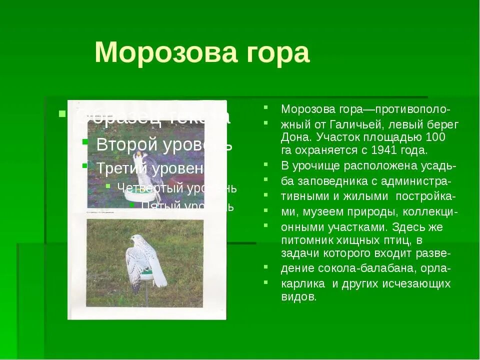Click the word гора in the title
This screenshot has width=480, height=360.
(x=279, y=53)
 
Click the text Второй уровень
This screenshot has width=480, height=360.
(x=164, y=144)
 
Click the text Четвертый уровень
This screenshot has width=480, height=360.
(x=176, y=188)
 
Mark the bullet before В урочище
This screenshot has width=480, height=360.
(x=267, y=164)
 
